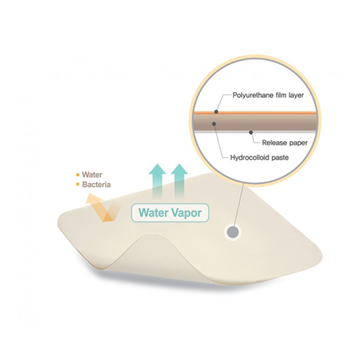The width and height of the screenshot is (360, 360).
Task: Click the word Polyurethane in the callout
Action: point(250,96)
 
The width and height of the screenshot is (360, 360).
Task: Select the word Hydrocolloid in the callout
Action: point(250,158)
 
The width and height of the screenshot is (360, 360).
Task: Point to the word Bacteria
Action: point(96,184)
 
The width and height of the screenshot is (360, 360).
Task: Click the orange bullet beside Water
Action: point(78,175)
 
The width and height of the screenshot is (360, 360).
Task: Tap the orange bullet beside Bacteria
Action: point(78,185)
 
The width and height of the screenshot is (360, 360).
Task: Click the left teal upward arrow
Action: point(158,182)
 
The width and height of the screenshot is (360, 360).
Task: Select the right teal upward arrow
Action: point(179,182)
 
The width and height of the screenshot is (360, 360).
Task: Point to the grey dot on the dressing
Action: point(233,233)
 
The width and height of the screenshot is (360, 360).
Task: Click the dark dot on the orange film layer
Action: point(216,112)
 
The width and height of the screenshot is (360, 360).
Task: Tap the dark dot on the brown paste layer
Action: point(214,124)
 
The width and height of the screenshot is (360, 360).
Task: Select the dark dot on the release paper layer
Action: point(251,132)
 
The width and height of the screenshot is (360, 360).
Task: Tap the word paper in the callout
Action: point(298,143)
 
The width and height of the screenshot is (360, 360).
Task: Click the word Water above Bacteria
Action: point(92,175)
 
